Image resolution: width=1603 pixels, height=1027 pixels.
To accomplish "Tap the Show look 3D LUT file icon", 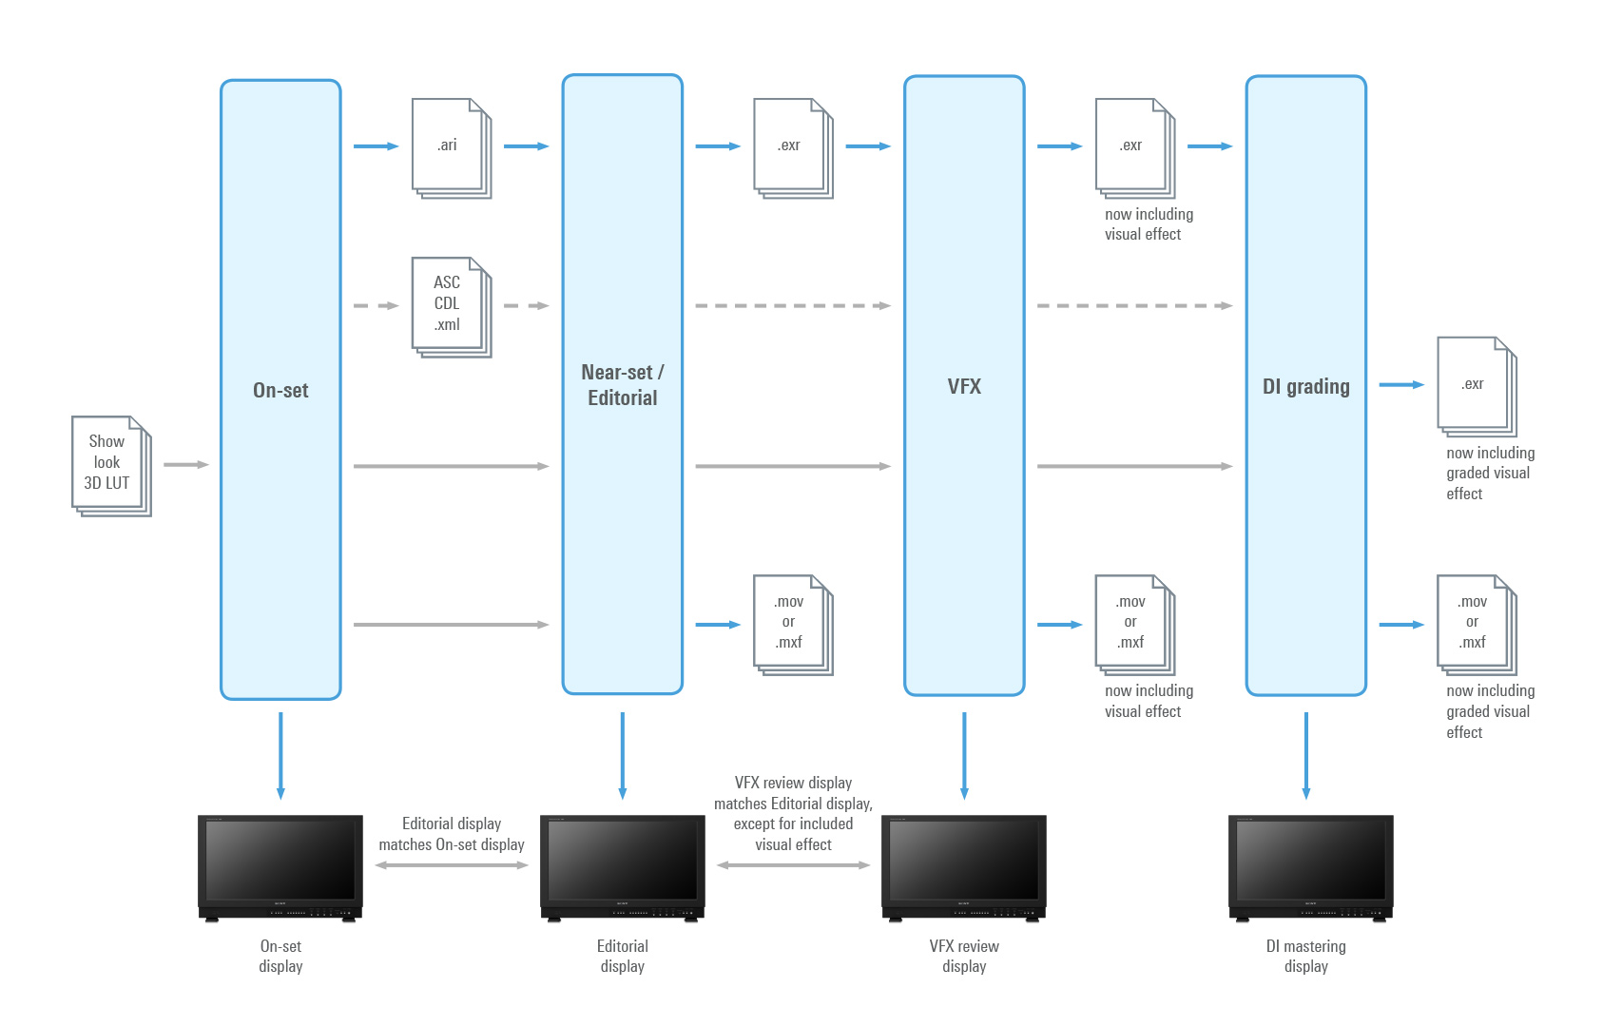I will coord(110,465).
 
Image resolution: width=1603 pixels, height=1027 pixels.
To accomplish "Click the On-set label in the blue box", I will coord(280,390).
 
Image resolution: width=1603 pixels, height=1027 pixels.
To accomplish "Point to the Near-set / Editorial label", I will coord(623,385).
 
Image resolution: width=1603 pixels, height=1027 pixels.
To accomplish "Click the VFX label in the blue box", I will coord(964,386).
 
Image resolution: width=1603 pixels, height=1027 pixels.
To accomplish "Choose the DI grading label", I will coord(1305,386).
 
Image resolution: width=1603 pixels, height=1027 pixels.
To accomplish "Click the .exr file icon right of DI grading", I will coord(1476,385).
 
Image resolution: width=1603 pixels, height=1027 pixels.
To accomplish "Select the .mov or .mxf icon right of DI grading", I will coord(1476,624).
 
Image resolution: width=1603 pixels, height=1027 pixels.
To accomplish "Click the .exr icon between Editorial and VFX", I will coord(792,147).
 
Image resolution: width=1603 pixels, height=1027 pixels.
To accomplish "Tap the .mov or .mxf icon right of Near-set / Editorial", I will coord(792,624).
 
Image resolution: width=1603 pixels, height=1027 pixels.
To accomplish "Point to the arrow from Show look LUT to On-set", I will coord(185,465).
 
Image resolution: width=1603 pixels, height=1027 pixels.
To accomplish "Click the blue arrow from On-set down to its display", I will coord(280,755).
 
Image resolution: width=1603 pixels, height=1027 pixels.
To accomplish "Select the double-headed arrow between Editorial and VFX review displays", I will coord(793,865).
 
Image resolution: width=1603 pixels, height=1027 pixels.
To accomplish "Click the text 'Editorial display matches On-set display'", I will coord(452,834).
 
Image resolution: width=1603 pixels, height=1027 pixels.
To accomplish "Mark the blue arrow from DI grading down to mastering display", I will coord(1305,755).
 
